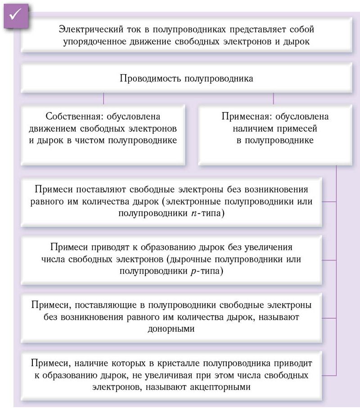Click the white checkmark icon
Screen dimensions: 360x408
pyautogui.click(x=15, y=15)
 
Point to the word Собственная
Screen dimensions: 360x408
pyautogui.click(x=74, y=117)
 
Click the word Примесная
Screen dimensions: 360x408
pyautogui.click(x=246, y=117)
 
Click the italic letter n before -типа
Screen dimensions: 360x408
pyautogui.click(x=194, y=214)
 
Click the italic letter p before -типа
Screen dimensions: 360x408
pyautogui.click(x=193, y=272)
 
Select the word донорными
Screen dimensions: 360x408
pyautogui.click(x=171, y=329)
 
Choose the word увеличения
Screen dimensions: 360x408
pyautogui.click(x=267, y=247)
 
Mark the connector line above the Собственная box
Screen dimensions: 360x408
pyautogui.click(x=103, y=99)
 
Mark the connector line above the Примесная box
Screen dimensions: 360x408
pyautogui.click(x=273, y=99)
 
